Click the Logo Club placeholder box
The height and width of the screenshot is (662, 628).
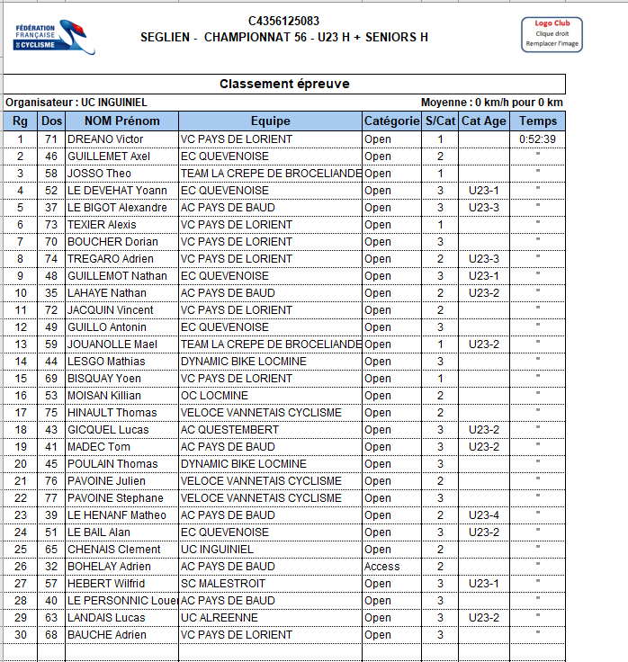click(552, 34)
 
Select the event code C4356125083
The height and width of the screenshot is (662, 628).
click(283, 22)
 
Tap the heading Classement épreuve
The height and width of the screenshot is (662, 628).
click(284, 85)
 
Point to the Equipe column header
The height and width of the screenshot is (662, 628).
click(270, 121)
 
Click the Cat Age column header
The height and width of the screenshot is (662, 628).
click(484, 121)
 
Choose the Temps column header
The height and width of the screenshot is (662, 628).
click(538, 121)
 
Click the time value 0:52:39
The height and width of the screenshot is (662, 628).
click(538, 139)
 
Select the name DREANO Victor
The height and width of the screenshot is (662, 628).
click(106, 139)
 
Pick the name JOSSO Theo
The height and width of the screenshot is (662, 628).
click(100, 174)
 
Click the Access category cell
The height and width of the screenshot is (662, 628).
click(382, 567)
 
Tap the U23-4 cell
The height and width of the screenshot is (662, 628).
click(484, 515)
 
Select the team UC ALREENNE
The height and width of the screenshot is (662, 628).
click(220, 618)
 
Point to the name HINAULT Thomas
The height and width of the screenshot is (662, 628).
click(112, 413)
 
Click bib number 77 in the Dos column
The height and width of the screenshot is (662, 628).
click(51, 498)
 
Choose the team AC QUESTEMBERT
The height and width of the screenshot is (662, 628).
click(230, 430)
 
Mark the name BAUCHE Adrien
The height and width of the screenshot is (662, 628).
click(107, 635)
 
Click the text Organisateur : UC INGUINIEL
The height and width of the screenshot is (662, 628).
click(76, 103)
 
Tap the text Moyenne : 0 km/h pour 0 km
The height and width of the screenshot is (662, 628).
click(491, 103)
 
